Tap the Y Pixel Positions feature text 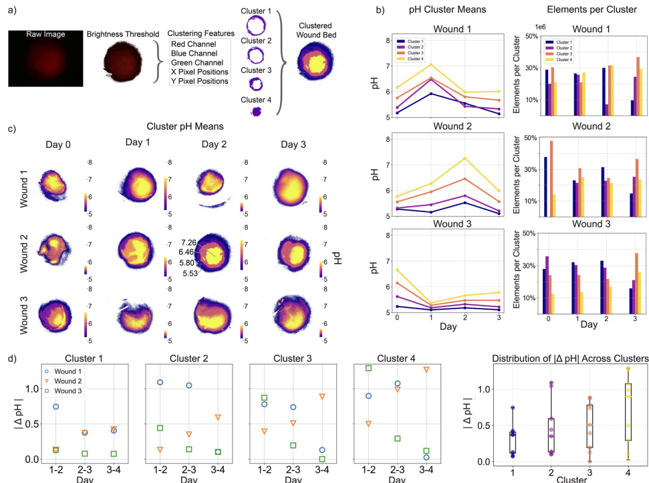pyautogui.click(x=200, y=81)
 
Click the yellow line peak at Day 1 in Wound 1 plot pyautogui.click(x=432, y=64)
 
